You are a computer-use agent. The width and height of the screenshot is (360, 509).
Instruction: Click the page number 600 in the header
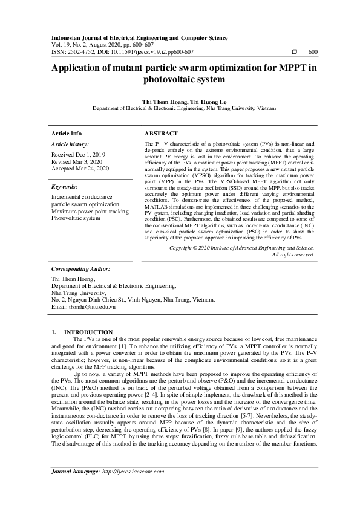pos(312,52)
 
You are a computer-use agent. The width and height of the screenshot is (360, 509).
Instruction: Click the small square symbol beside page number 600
pos(293,52)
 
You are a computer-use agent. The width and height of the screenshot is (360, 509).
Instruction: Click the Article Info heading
pos(67,133)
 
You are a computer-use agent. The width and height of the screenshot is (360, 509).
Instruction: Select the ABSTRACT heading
pos(161,133)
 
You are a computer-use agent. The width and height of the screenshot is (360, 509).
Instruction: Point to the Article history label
pos(70,144)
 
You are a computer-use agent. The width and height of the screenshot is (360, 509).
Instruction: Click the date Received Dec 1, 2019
pos(79,155)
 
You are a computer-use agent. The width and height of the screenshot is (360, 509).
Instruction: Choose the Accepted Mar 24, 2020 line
pos(80,169)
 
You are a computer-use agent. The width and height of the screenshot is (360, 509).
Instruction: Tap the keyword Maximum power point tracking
pos(90,212)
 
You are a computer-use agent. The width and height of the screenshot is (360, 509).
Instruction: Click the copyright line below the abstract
pos(241,265)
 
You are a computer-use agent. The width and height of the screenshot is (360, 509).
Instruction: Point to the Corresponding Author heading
pos(80,285)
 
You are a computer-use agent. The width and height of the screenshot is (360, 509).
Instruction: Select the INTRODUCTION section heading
pos(88,332)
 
